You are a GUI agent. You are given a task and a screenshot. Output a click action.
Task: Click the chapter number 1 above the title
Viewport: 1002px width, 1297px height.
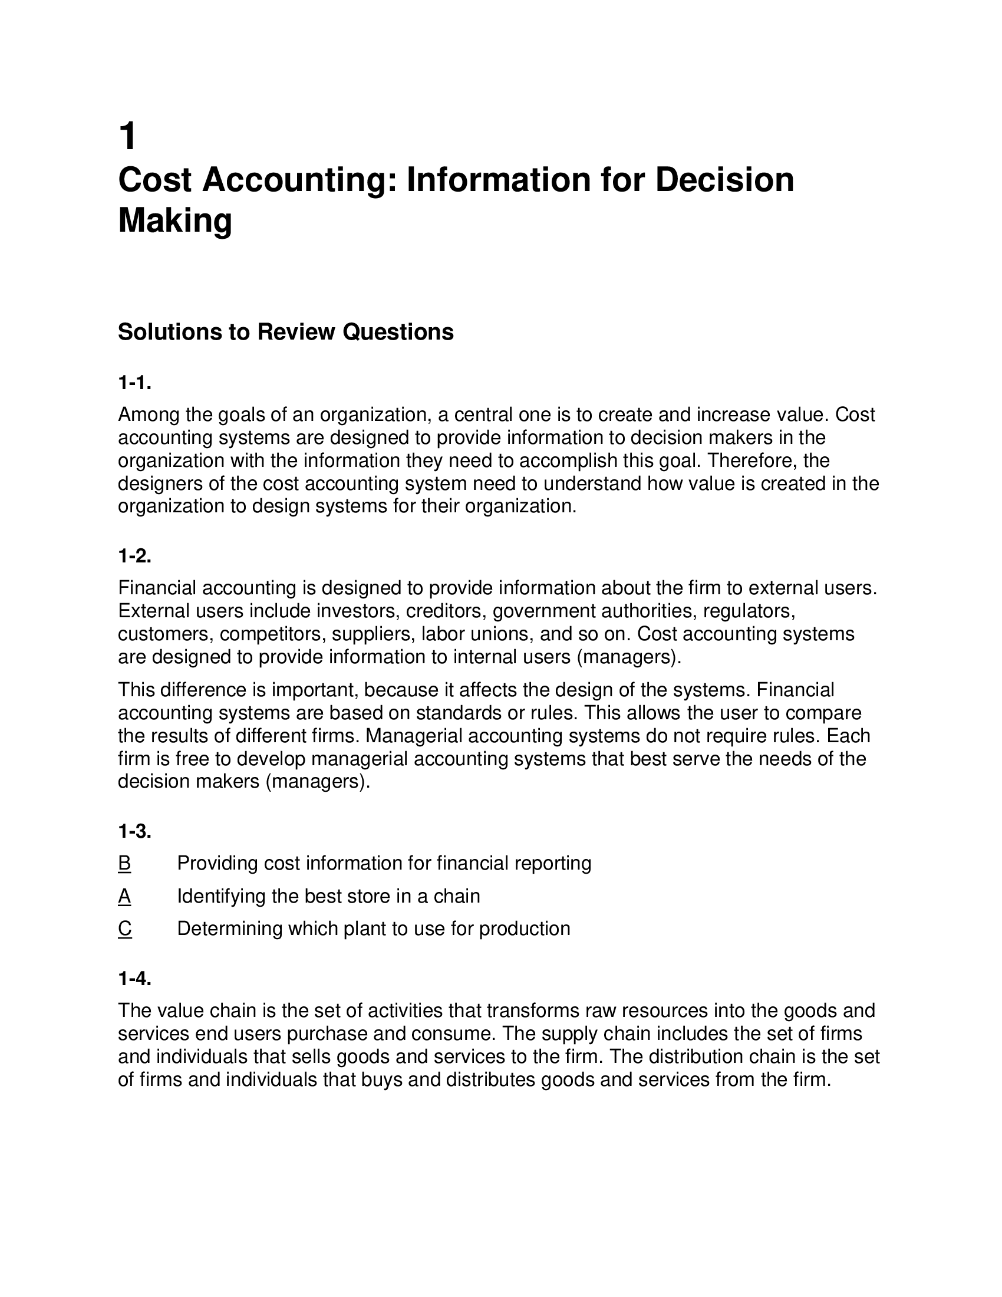tap(128, 136)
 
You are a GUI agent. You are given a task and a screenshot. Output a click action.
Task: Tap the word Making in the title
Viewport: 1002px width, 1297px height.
tap(175, 220)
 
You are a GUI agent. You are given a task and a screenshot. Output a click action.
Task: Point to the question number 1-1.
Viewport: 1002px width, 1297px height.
tap(135, 384)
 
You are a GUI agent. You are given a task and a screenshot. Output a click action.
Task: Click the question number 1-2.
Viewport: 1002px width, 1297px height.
tap(135, 557)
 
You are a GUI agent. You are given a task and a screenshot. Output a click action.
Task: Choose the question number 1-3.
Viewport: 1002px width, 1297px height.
tap(135, 831)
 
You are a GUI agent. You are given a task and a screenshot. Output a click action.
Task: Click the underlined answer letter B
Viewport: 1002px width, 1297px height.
tap(124, 864)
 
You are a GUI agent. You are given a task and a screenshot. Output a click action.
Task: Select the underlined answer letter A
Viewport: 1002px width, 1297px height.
tap(124, 896)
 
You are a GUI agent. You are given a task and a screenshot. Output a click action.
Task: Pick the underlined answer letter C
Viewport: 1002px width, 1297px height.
tap(124, 929)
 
